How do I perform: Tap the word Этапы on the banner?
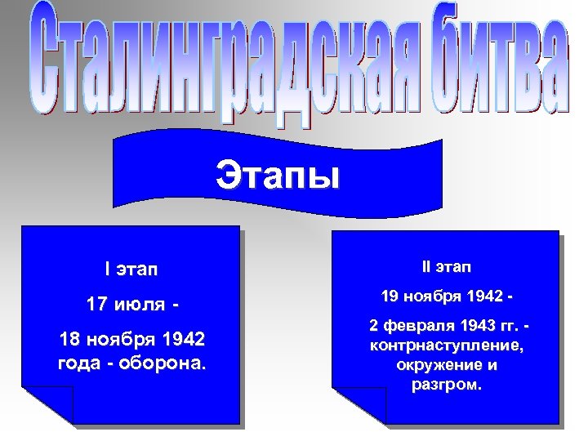tap(277, 175)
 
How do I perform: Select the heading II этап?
tap(446, 266)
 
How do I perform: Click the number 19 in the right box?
tap(392, 296)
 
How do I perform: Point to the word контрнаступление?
tap(446, 345)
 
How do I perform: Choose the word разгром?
tap(446, 383)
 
